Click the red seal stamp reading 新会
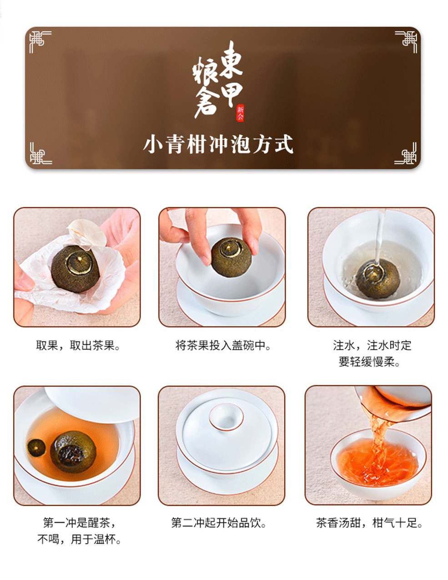[240, 112]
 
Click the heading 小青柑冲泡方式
[218, 144]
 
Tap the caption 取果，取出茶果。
[78, 346]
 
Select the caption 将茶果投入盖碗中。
[223, 346]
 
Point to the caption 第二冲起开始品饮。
[219, 523]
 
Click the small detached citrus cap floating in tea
[36, 448]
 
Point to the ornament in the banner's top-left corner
[40, 41]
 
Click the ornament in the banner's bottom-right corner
[405, 153]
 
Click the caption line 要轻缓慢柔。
[369, 362]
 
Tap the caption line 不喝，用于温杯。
[79, 539]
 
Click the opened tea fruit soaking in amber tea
[73, 452]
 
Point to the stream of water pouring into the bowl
[379, 237]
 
